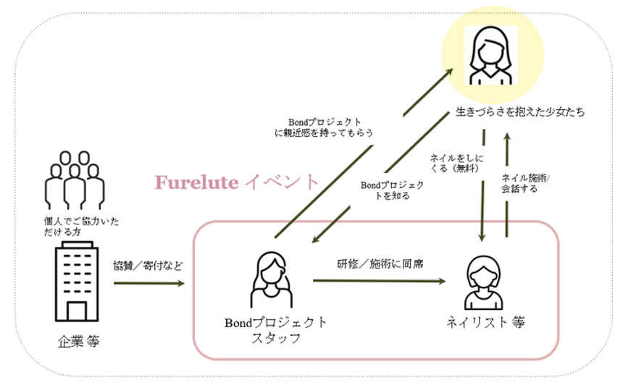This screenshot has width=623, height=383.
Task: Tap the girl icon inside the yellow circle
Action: (x=485, y=53)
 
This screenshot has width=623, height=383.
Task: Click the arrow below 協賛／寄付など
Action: (x=149, y=283)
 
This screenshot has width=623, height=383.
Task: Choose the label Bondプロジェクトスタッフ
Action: (x=275, y=329)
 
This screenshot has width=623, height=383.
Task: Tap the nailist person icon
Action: (x=483, y=285)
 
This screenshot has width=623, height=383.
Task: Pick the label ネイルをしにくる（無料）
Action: (x=457, y=163)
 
